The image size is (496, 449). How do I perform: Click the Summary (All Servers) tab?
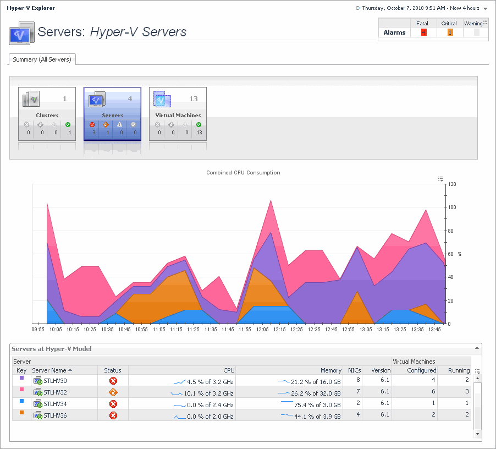click(x=42, y=59)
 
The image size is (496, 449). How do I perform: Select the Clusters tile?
click(x=47, y=113)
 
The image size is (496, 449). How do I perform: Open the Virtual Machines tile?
click(x=178, y=113)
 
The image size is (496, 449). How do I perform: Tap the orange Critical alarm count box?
click(x=449, y=32)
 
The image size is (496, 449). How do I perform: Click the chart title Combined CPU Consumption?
click(x=243, y=173)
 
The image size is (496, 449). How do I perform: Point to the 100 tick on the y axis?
click(x=451, y=207)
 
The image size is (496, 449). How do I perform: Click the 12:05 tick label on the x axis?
click(x=262, y=329)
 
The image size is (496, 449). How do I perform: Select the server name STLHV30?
click(x=55, y=380)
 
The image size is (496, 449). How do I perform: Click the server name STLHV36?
click(x=55, y=415)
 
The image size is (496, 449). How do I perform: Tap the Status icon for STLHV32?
click(x=113, y=392)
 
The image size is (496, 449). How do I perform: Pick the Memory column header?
click(x=331, y=371)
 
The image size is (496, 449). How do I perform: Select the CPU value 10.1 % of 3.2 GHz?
click(x=210, y=393)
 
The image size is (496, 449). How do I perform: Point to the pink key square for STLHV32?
click(x=21, y=390)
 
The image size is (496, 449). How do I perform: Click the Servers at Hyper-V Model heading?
click(x=52, y=349)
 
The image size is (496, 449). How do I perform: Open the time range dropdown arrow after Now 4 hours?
click(x=485, y=9)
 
